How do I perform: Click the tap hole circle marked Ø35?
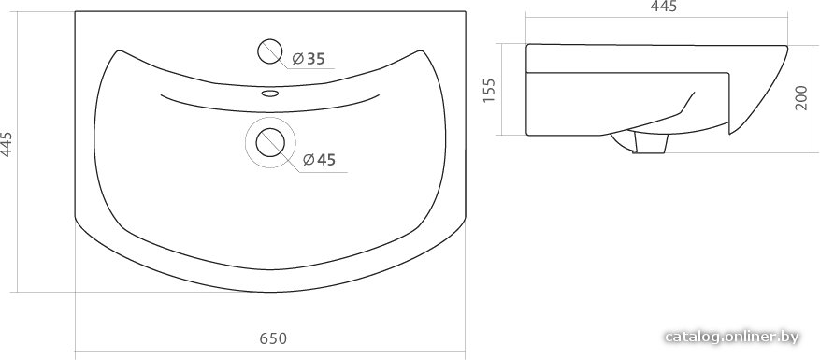pos(270,51)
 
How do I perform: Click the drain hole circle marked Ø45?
pos(270,143)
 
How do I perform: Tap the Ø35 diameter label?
pos(308,59)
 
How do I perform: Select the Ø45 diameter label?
pos(319,160)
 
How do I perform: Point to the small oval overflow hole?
pos(270,94)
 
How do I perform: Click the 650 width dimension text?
pos(274,338)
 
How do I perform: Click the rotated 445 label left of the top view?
pos(7,143)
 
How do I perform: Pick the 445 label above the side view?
pos(664,7)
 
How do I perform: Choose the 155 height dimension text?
pos(489,90)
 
